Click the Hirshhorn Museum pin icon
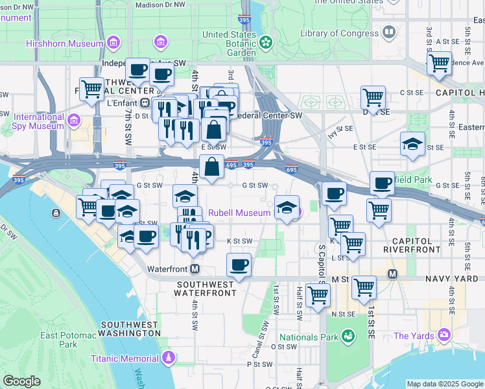click(x=114, y=43)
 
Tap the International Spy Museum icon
click(x=74, y=121)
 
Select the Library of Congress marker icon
click(x=389, y=32)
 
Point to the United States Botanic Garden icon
click(x=266, y=42)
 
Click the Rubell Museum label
click(x=239, y=213)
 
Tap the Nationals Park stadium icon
click(x=348, y=336)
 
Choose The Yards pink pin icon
click(x=444, y=335)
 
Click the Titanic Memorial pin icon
click(x=169, y=357)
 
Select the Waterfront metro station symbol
click(x=195, y=268)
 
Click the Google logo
click(x=22, y=381)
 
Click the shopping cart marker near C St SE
click(x=373, y=98)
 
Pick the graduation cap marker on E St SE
click(x=412, y=145)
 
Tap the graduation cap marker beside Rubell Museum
click(x=287, y=207)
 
